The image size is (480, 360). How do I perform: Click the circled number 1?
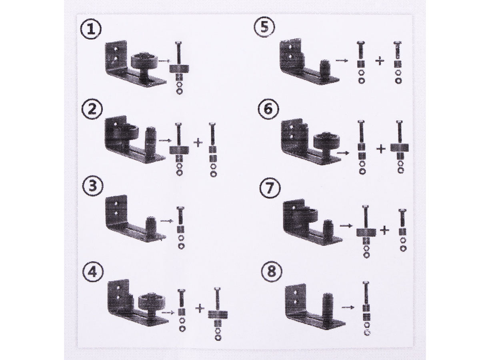tap(91, 30)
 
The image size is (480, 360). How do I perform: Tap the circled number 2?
tap(92, 109)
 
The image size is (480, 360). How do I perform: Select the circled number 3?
tap(93, 186)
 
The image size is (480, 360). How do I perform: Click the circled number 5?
tap(264, 28)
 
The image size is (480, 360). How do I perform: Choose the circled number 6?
tap(268, 109)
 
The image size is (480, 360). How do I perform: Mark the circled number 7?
tap(270, 188)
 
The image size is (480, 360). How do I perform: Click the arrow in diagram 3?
tap(167, 221)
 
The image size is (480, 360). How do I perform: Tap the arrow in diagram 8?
tap(348, 307)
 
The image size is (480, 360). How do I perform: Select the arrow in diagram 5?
tap(342, 60)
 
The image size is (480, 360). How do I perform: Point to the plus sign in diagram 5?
tap(380, 61)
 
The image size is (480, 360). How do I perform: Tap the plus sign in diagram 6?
tap(381, 149)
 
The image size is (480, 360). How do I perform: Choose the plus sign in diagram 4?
tap(200, 308)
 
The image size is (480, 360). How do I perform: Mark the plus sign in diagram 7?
tap(385, 230)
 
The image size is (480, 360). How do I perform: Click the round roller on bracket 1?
tap(144, 62)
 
